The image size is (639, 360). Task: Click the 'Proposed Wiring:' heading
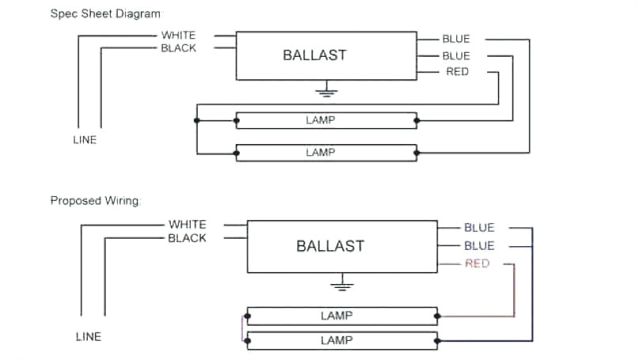96,201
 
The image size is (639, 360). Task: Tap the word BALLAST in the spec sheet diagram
315,55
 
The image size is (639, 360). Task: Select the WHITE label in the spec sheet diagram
178,35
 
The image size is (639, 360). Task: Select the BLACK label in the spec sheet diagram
178,48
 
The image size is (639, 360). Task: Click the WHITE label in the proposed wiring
187,225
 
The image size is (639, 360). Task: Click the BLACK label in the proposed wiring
187,238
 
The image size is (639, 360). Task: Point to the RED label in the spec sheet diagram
457,72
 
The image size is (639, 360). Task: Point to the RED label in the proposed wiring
477,263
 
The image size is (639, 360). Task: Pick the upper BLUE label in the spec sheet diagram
456,39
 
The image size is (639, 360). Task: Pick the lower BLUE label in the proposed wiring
478,246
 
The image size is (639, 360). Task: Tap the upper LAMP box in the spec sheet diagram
326,120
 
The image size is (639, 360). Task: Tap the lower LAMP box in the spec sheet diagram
326,153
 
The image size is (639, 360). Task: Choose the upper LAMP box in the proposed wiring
342,316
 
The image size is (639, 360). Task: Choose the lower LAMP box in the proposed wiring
342,341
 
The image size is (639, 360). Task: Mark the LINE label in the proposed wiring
89,336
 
